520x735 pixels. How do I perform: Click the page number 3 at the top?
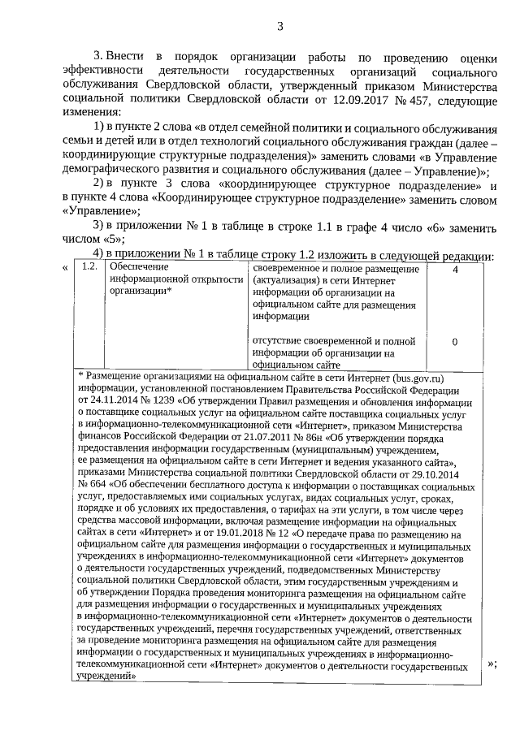pyautogui.click(x=279, y=25)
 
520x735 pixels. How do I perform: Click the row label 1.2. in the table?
pyautogui.click(x=90, y=267)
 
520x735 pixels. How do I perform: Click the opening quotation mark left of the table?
pyautogui.click(x=64, y=269)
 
